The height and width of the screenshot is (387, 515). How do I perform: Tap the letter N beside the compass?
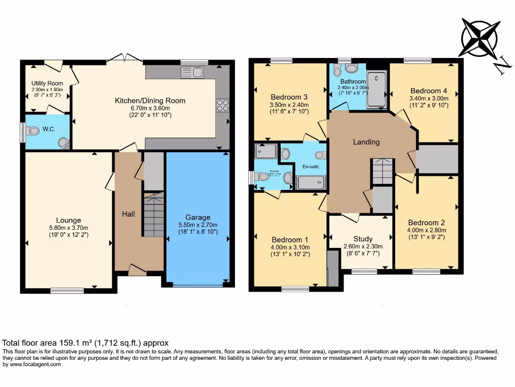pos(500,67)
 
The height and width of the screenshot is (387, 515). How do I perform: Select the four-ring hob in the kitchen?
pos(222,106)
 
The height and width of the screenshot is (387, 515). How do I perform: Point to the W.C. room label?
pos(49,128)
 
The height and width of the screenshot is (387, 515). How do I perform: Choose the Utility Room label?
pos(47,83)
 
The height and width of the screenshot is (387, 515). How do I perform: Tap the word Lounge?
pos(68,220)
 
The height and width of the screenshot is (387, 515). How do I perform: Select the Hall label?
pos(128,214)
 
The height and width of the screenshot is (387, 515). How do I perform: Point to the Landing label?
pos(366,142)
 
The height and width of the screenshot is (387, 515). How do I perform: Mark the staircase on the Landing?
pos(383,171)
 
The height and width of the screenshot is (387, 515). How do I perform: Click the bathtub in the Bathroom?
pos(377,90)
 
